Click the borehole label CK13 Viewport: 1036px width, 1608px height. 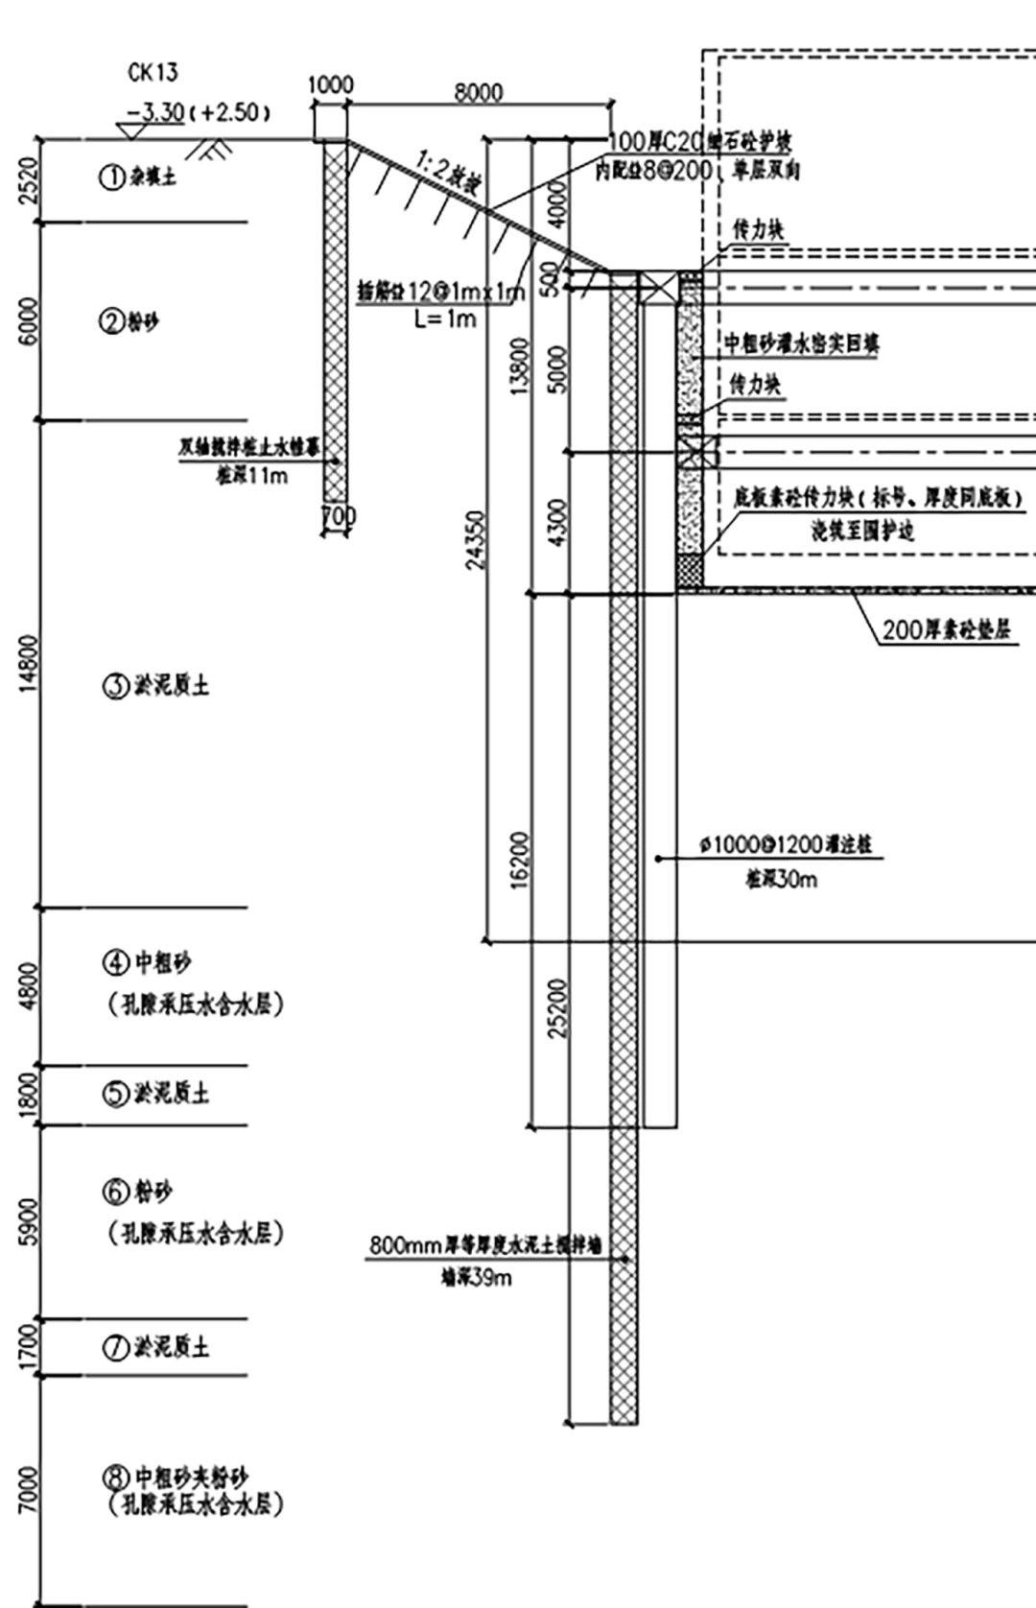[153, 73]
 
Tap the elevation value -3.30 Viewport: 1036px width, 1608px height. [154, 112]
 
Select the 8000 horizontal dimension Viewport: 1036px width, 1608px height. [478, 92]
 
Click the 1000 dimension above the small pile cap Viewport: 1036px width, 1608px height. [330, 85]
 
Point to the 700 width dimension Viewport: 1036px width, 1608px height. [338, 516]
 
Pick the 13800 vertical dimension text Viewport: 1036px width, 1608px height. [519, 366]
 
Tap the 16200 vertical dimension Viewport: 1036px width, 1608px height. [519, 860]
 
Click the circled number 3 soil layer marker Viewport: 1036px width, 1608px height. [115, 686]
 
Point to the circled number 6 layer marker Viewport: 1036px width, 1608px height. [115, 1193]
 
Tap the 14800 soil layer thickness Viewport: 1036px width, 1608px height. [29, 663]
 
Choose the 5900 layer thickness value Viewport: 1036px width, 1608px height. [29, 1221]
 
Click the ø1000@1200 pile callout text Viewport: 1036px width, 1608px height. [786, 845]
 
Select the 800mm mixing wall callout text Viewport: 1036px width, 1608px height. [485, 1245]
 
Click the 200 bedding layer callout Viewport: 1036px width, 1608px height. [946, 630]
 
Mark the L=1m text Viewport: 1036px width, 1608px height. [445, 319]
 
